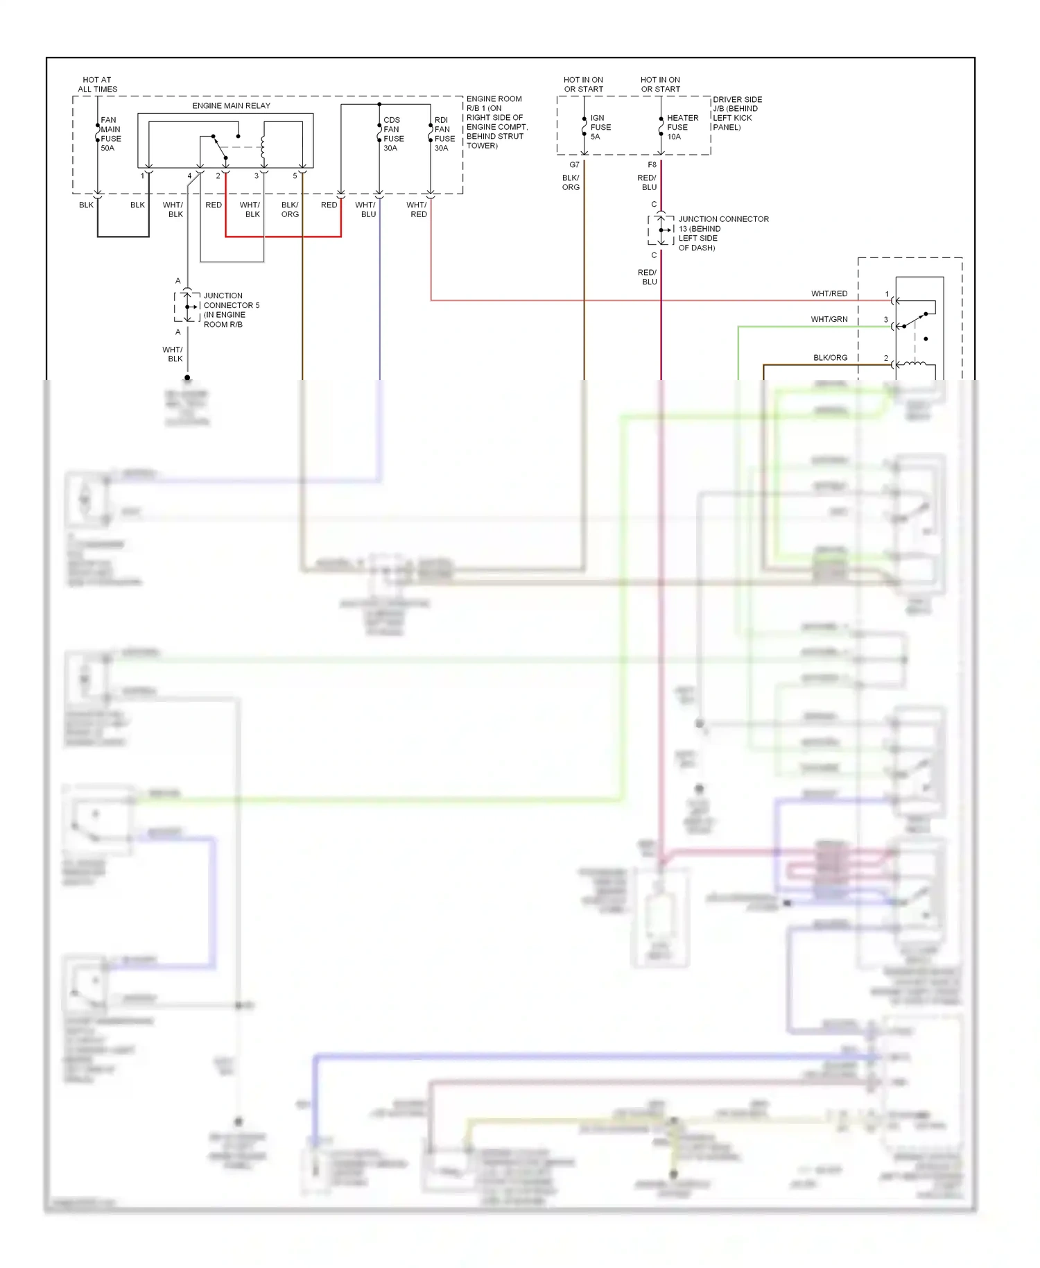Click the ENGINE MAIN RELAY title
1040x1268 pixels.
(x=231, y=105)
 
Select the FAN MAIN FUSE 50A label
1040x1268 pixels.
(x=110, y=134)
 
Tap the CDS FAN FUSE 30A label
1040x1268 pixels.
(x=393, y=134)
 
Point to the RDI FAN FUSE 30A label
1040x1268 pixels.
(x=444, y=134)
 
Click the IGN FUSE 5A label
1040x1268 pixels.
(x=600, y=127)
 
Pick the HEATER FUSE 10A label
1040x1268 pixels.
(x=682, y=127)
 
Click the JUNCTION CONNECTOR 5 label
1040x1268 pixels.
(x=230, y=309)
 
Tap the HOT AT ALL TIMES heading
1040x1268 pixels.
(x=97, y=84)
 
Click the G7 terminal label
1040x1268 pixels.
(x=574, y=164)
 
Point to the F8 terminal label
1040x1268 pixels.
(x=652, y=164)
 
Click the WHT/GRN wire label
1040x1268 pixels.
(x=829, y=319)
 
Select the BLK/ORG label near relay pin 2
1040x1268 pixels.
(x=830, y=358)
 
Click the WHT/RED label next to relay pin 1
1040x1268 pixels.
(x=829, y=293)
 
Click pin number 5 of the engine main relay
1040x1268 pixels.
(x=295, y=175)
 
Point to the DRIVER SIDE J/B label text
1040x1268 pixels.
(x=736, y=113)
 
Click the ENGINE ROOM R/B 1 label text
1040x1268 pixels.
(x=496, y=122)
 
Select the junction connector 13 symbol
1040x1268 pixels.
(x=662, y=230)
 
